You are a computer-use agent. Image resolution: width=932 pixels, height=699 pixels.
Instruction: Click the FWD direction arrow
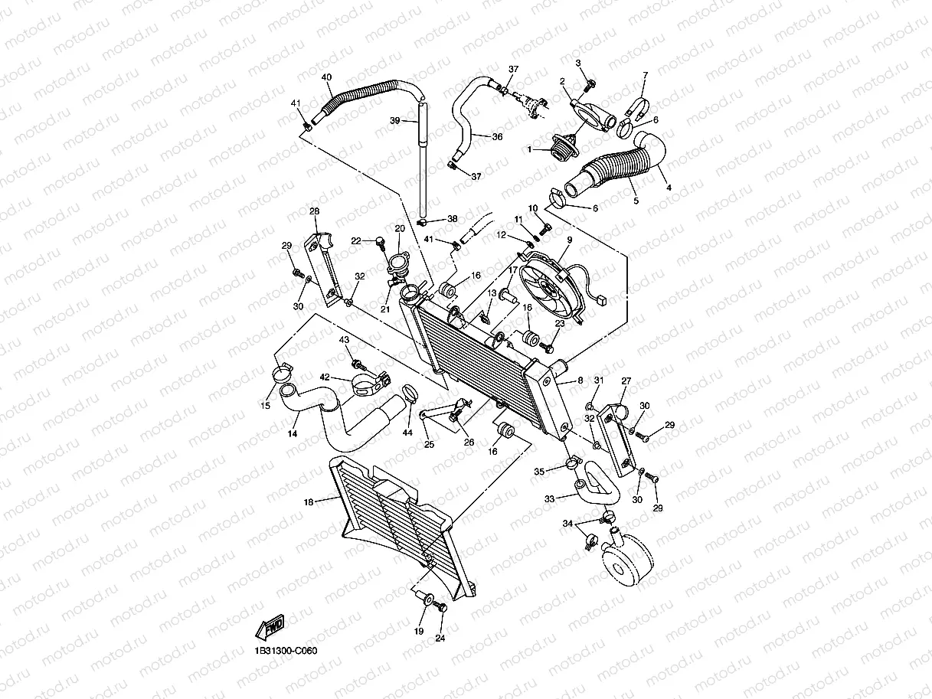pos(271,626)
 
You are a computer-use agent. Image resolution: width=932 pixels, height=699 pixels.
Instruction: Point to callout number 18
pos(309,502)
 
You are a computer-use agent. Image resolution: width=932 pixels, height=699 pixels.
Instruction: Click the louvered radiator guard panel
pos(398,528)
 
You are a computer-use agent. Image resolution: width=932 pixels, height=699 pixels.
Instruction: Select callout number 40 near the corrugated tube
pos(327,77)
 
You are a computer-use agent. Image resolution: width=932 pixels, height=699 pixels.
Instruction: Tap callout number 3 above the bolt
pos(579,63)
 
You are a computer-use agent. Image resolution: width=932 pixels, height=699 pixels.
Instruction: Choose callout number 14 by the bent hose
pos(293,433)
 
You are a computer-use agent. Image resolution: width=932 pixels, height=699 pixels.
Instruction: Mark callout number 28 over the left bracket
pos(314,211)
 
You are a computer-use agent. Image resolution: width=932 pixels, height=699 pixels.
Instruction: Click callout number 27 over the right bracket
pos(626,381)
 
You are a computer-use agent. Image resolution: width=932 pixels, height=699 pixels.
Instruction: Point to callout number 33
pos(549,498)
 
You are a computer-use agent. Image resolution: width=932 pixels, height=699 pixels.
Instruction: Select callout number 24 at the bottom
pos(440,638)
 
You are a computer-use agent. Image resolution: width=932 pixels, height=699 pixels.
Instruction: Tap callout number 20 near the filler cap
pos(399,229)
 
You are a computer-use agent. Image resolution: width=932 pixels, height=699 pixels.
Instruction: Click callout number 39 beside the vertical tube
pos(395,121)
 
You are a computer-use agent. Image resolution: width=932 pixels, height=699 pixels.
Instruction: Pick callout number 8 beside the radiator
pos(580,380)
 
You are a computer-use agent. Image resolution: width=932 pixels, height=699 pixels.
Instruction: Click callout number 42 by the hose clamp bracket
pos(325,377)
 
